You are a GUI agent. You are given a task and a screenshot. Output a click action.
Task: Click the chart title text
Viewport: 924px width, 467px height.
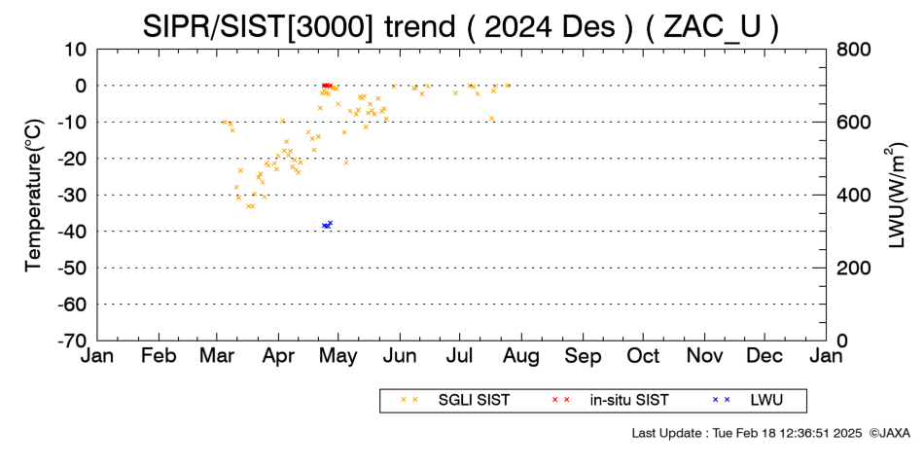pos(460,26)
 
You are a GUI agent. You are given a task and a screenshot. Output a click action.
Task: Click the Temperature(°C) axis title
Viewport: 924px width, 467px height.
pos(34,196)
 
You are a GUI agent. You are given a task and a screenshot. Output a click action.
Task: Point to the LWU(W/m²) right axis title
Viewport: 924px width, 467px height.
pos(895,196)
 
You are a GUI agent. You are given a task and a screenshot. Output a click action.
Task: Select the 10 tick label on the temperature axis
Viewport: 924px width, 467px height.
pos(76,50)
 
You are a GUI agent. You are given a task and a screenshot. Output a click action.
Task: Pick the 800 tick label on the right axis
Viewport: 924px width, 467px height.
pos(854,50)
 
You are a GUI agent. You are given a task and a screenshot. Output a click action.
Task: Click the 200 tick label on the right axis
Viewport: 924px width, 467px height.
pos(854,269)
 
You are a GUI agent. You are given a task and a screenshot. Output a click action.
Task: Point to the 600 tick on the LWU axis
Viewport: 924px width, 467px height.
pos(854,123)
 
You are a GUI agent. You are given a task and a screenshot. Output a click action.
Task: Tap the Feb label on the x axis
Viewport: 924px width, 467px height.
pos(159,356)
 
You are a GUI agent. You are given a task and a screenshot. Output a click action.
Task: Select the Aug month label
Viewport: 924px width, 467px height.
pos(521,356)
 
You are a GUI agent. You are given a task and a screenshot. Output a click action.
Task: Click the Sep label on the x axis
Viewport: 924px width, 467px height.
pos(583,356)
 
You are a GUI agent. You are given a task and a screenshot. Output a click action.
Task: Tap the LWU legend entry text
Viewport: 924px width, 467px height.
pos(766,401)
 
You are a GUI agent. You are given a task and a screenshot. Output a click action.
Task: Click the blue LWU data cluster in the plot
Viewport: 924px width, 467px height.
pos(327,225)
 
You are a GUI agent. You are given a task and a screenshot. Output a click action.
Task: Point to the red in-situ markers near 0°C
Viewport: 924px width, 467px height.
pos(327,86)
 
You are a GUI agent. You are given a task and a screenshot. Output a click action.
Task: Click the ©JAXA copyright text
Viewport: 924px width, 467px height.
pos(889,433)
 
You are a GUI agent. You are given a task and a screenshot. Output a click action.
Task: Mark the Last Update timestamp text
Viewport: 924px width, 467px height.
pos(747,433)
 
